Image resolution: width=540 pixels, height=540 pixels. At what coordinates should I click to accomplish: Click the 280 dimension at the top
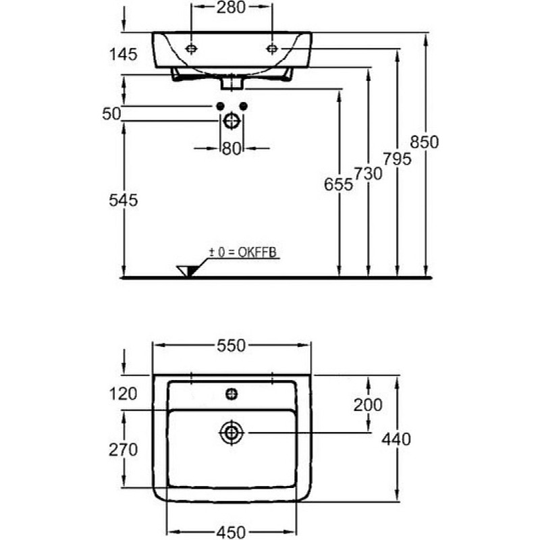tap(231, 7)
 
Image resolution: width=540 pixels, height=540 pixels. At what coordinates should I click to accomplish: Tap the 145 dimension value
tap(124, 55)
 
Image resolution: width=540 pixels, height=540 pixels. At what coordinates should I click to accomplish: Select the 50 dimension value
tap(111, 113)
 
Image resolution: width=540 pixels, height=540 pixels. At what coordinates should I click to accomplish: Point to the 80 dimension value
tap(231, 148)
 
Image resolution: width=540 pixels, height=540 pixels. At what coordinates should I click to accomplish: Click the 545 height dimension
tap(124, 200)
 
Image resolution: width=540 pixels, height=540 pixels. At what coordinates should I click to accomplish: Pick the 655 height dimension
tap(339, 184)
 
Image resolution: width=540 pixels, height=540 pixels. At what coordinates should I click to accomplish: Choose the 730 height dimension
tap(368, 173)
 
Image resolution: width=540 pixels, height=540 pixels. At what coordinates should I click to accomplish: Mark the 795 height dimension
tap(398, 159)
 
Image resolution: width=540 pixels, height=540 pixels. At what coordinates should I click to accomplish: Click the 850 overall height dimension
tap(425, 142)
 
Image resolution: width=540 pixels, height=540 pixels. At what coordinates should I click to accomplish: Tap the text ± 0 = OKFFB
tap(243, 252)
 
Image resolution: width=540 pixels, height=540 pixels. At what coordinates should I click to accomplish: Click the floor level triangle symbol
tap(188, 271)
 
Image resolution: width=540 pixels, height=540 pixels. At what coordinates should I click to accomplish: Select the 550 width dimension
tap(231, 346)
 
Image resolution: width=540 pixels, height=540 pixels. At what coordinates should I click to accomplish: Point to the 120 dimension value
tap(124, 394)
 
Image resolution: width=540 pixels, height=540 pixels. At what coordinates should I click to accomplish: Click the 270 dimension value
tap(124, 450)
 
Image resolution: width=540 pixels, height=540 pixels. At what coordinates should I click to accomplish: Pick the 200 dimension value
tap(368, 405)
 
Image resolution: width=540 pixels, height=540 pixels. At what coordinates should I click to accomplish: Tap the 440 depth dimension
tap(396, 439)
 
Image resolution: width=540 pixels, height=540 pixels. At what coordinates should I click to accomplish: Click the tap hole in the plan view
tap(232, 394)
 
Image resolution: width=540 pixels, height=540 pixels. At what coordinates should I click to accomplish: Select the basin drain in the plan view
tap(232, 433)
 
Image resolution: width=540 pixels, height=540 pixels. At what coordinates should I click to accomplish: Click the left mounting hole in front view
tap(191, 49)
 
